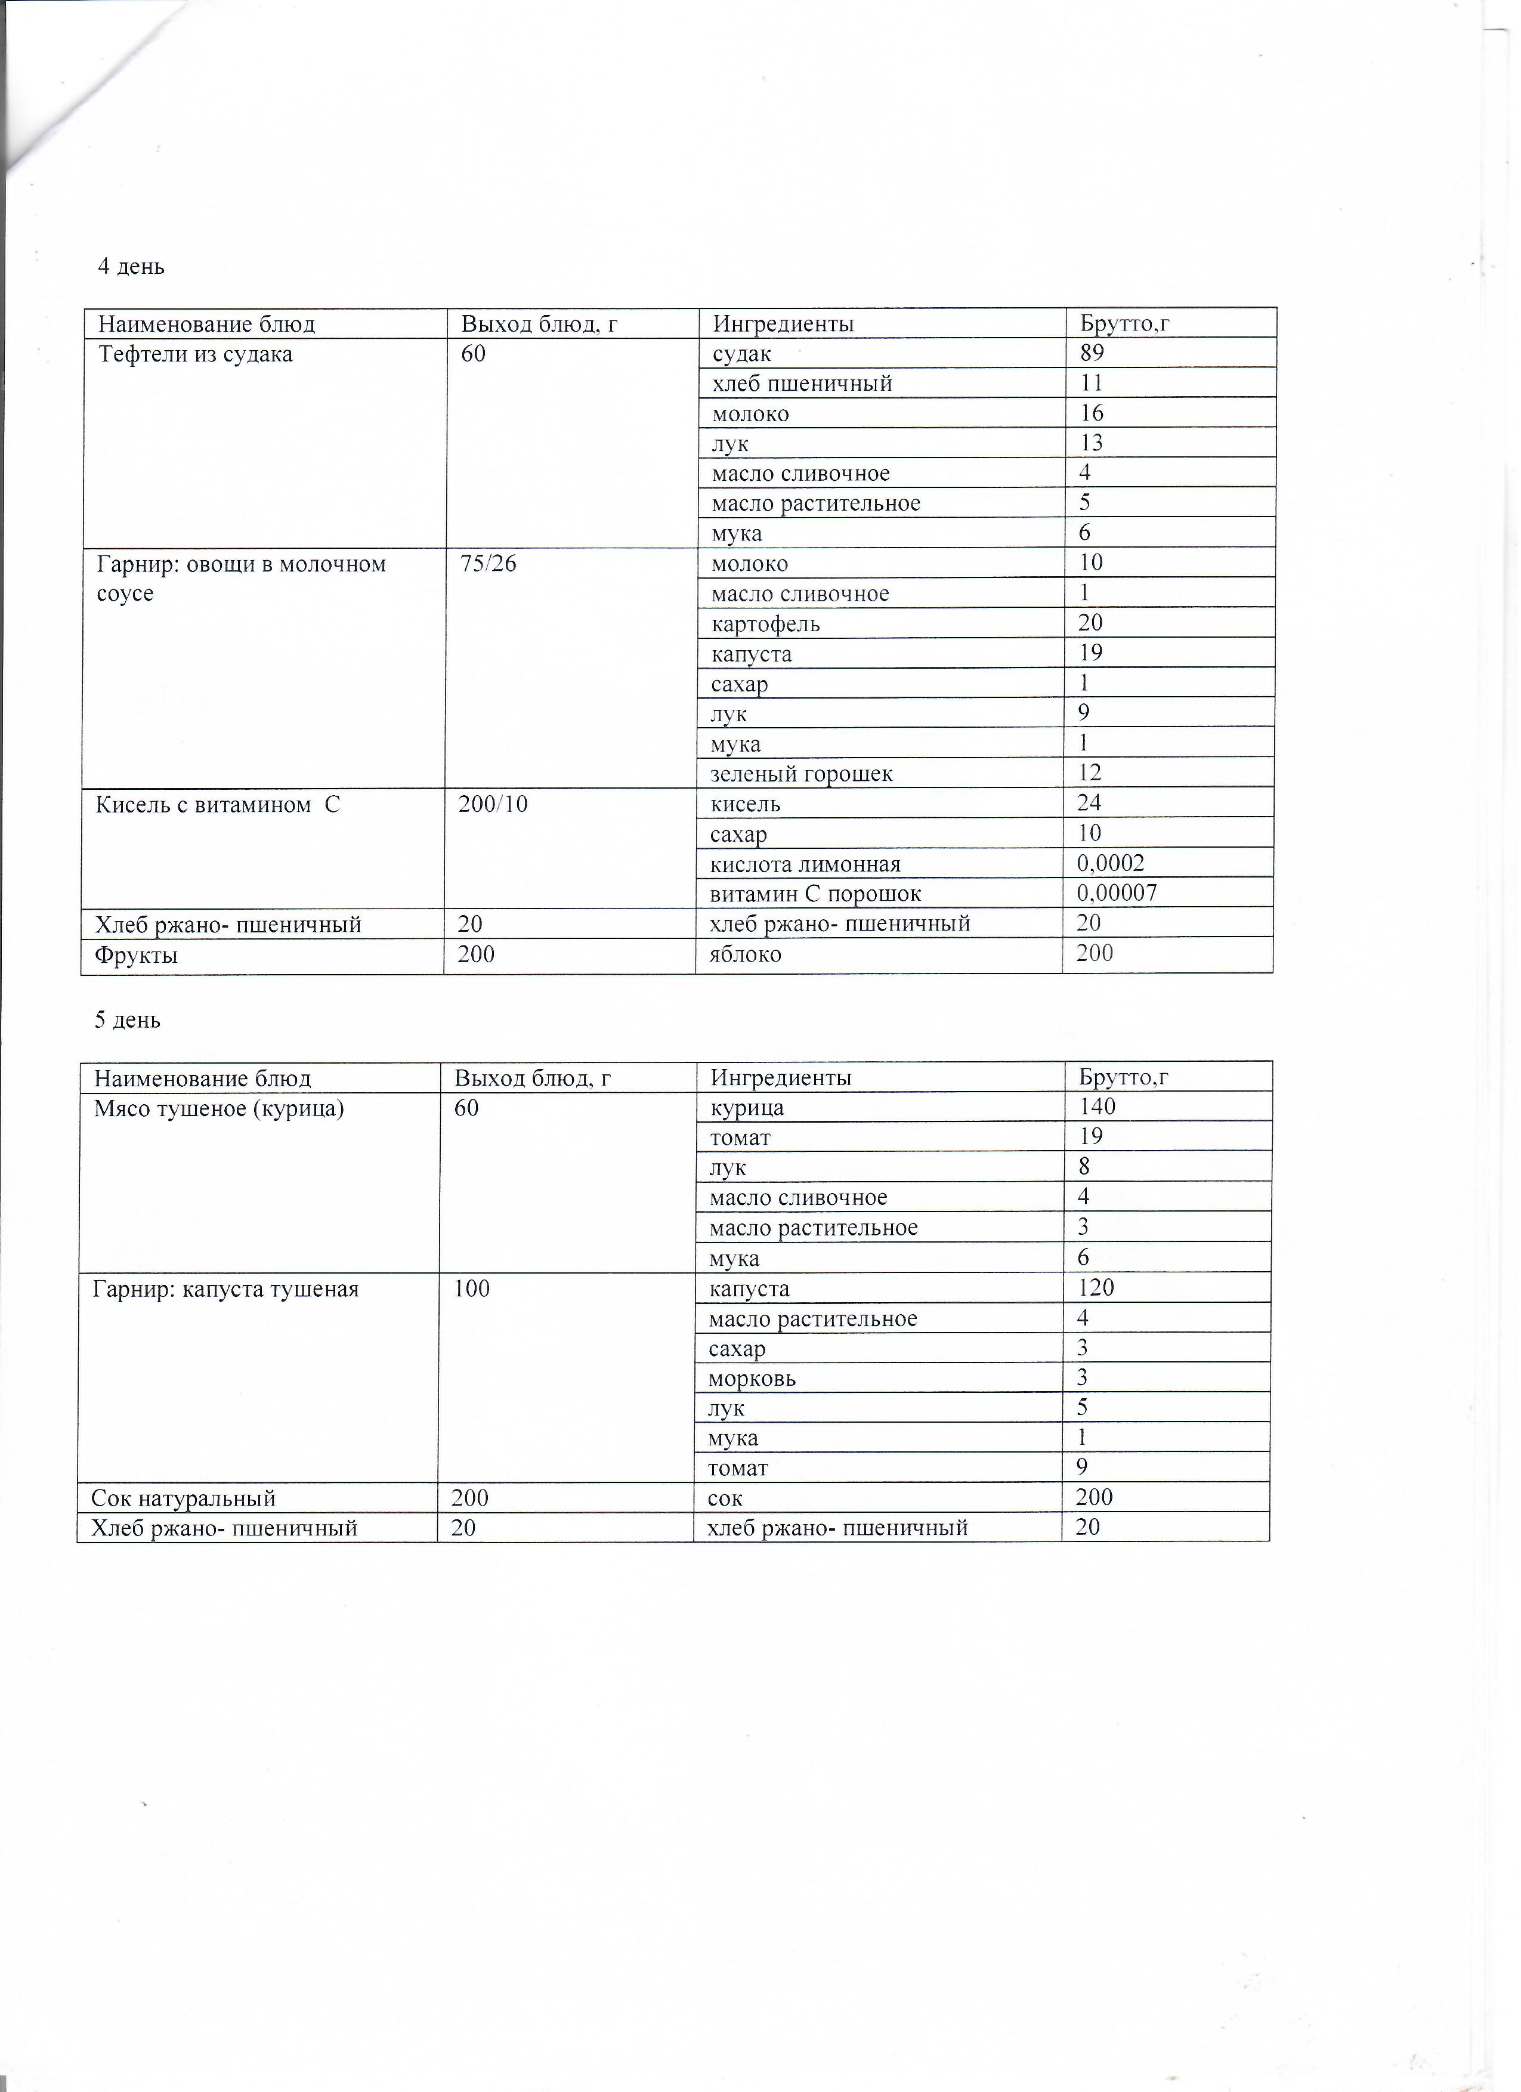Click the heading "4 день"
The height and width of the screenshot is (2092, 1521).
click(131, 267)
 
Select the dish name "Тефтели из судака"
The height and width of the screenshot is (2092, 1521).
click(196, 354)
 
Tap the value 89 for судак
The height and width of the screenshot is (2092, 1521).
click(1092, 353)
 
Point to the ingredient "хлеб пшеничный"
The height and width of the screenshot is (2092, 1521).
click(802, 384)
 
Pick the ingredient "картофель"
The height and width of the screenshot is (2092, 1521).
click(766, 625)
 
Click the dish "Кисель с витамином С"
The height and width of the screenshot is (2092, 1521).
click(218, 804)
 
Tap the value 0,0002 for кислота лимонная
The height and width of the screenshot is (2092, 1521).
click(1111, 863)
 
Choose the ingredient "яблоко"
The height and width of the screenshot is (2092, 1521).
click(745, 954)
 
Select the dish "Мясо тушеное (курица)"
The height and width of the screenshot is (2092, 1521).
click(218, 1108)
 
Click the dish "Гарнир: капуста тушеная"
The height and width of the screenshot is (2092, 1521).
click(225, 1288)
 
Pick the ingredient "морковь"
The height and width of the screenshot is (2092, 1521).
click(752, 1379)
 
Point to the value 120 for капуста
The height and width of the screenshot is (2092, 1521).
click(1095, 1288)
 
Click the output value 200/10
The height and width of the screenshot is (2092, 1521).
click(493, 804)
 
